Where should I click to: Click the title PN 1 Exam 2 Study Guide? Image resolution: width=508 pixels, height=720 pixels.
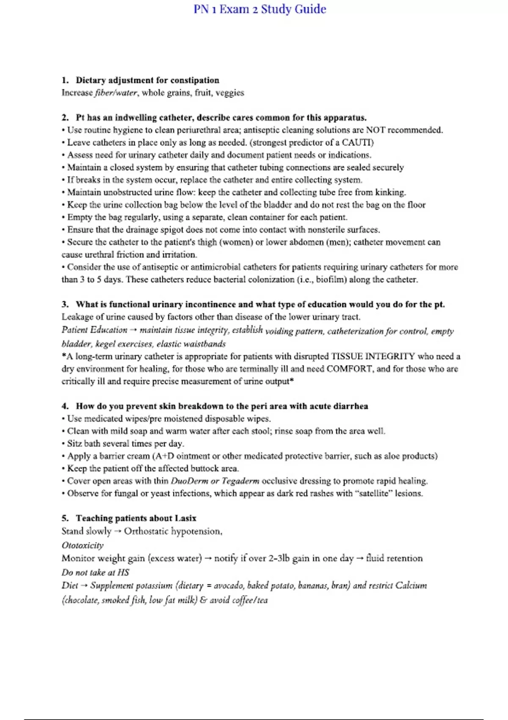pyautogui.click(x=260, y=9)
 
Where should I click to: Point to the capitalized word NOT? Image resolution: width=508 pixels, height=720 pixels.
pyautogui.click(x=375, y=130)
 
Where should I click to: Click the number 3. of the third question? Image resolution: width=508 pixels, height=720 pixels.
pyautogui.click(x=65, y=305)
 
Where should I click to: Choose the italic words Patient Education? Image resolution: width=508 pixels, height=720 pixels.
pyautogui.click(x=94, y=330)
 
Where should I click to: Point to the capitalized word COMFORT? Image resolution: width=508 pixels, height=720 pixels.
pyautogui.click(x=350, y=369)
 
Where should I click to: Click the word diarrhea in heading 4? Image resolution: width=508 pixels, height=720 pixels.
pyautogui.click(x=351, y=406)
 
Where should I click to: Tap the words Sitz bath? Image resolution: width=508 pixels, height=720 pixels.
pyautogui.click(x=83, y=443)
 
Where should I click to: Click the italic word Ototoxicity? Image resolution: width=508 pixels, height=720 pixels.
pyautogui.click(x=83, y=546)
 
